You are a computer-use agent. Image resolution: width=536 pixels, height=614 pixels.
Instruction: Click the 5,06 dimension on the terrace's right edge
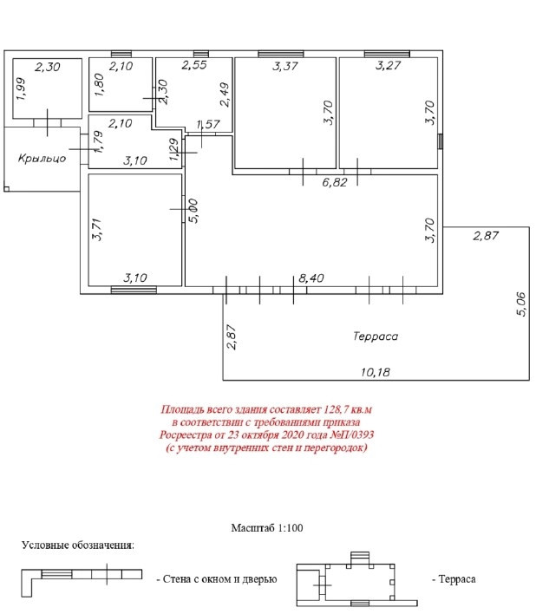pos(520,306)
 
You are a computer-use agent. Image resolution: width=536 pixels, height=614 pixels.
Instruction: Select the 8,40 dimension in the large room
pos(310,278)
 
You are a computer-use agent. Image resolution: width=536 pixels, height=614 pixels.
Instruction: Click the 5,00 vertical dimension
pos(193,211)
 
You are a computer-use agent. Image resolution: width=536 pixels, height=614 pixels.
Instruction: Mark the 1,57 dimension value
pos(208,125)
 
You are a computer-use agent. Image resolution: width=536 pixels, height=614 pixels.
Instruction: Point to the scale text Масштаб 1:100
pos(267,526)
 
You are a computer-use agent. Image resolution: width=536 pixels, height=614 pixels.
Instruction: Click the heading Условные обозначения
pos(78,545)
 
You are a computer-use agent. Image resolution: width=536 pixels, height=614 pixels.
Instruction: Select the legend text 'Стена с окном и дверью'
pos(216,578)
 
